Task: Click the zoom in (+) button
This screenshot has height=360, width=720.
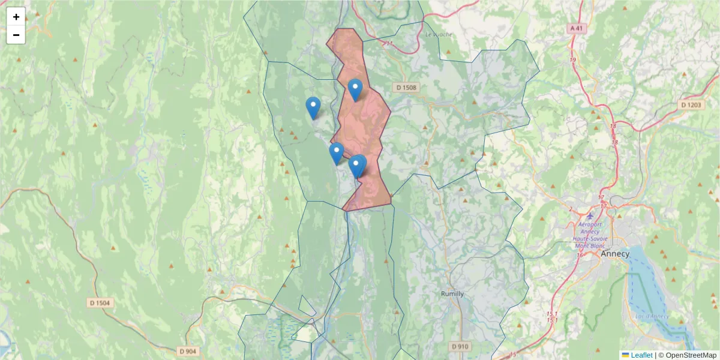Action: pos(16,17)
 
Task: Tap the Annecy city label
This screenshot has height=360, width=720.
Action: pos(615,254)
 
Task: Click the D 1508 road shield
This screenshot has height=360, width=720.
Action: pos(406,88)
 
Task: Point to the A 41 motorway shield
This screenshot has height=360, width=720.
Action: pos(577,28)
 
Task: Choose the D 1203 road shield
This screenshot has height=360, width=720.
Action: pos(691,105)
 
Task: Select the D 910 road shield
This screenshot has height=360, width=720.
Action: pos(460,346)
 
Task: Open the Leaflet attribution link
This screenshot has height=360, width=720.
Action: pos(641,355)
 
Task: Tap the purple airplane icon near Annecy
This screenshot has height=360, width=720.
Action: pos(590,215)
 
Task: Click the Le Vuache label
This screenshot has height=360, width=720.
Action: pos(438,34)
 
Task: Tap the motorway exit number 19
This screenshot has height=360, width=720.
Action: pos(573,60)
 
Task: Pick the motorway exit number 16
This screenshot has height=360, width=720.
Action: pos(580,256)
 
